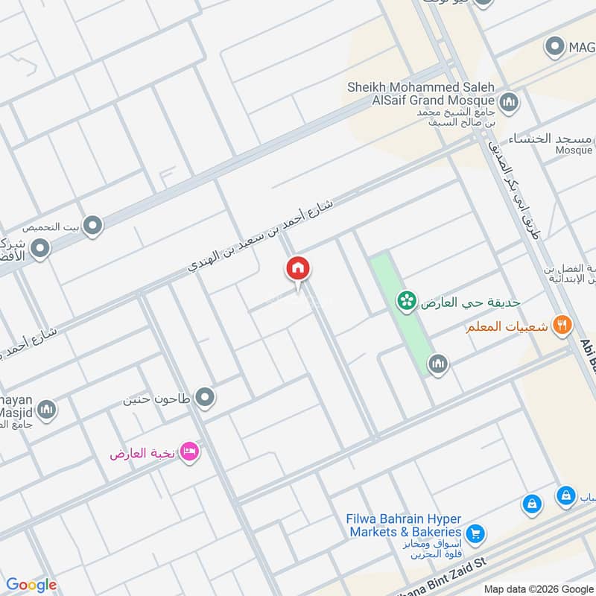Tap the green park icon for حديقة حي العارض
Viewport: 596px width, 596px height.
(406, 300)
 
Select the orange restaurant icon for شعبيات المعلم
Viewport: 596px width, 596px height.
(562, 326)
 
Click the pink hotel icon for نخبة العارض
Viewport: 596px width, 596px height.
(189, 451)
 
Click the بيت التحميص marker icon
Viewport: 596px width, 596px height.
(92, 225)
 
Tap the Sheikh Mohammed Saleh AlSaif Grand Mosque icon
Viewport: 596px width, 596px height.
(509, 101)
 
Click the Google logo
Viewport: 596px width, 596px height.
(31, 585)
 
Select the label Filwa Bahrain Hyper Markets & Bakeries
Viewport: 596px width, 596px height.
(405, 525)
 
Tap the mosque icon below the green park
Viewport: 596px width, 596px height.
(437, 364)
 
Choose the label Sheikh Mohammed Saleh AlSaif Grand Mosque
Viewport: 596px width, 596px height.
(420, 93)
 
